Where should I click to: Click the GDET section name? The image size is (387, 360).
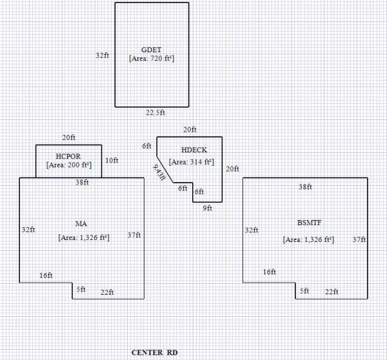pos(152,50)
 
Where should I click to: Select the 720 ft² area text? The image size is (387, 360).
pos(152,58)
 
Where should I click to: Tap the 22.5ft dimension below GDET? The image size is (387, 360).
pos(155,112)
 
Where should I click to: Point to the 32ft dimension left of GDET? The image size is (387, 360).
pos(102,55)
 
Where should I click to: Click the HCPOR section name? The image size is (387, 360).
pos(68,156)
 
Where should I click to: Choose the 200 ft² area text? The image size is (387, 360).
pos(68,165)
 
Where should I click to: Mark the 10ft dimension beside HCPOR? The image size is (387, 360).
pos(112,160)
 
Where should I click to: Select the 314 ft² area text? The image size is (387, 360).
pos(191,162)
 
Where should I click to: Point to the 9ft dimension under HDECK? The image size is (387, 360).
pos(208,208)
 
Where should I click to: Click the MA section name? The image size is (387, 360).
pos(81,224)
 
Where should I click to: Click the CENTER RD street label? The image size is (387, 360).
pos(154,352)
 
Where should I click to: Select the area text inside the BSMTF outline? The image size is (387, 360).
pos(308,239)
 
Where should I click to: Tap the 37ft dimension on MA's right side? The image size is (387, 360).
pos(134,235)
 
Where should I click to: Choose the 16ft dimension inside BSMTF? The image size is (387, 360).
pos(269,272)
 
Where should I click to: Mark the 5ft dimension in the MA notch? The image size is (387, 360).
pos(81,290)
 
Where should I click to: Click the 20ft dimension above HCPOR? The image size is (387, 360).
pos(68,138)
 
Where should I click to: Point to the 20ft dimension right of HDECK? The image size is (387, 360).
pos(232,169)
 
